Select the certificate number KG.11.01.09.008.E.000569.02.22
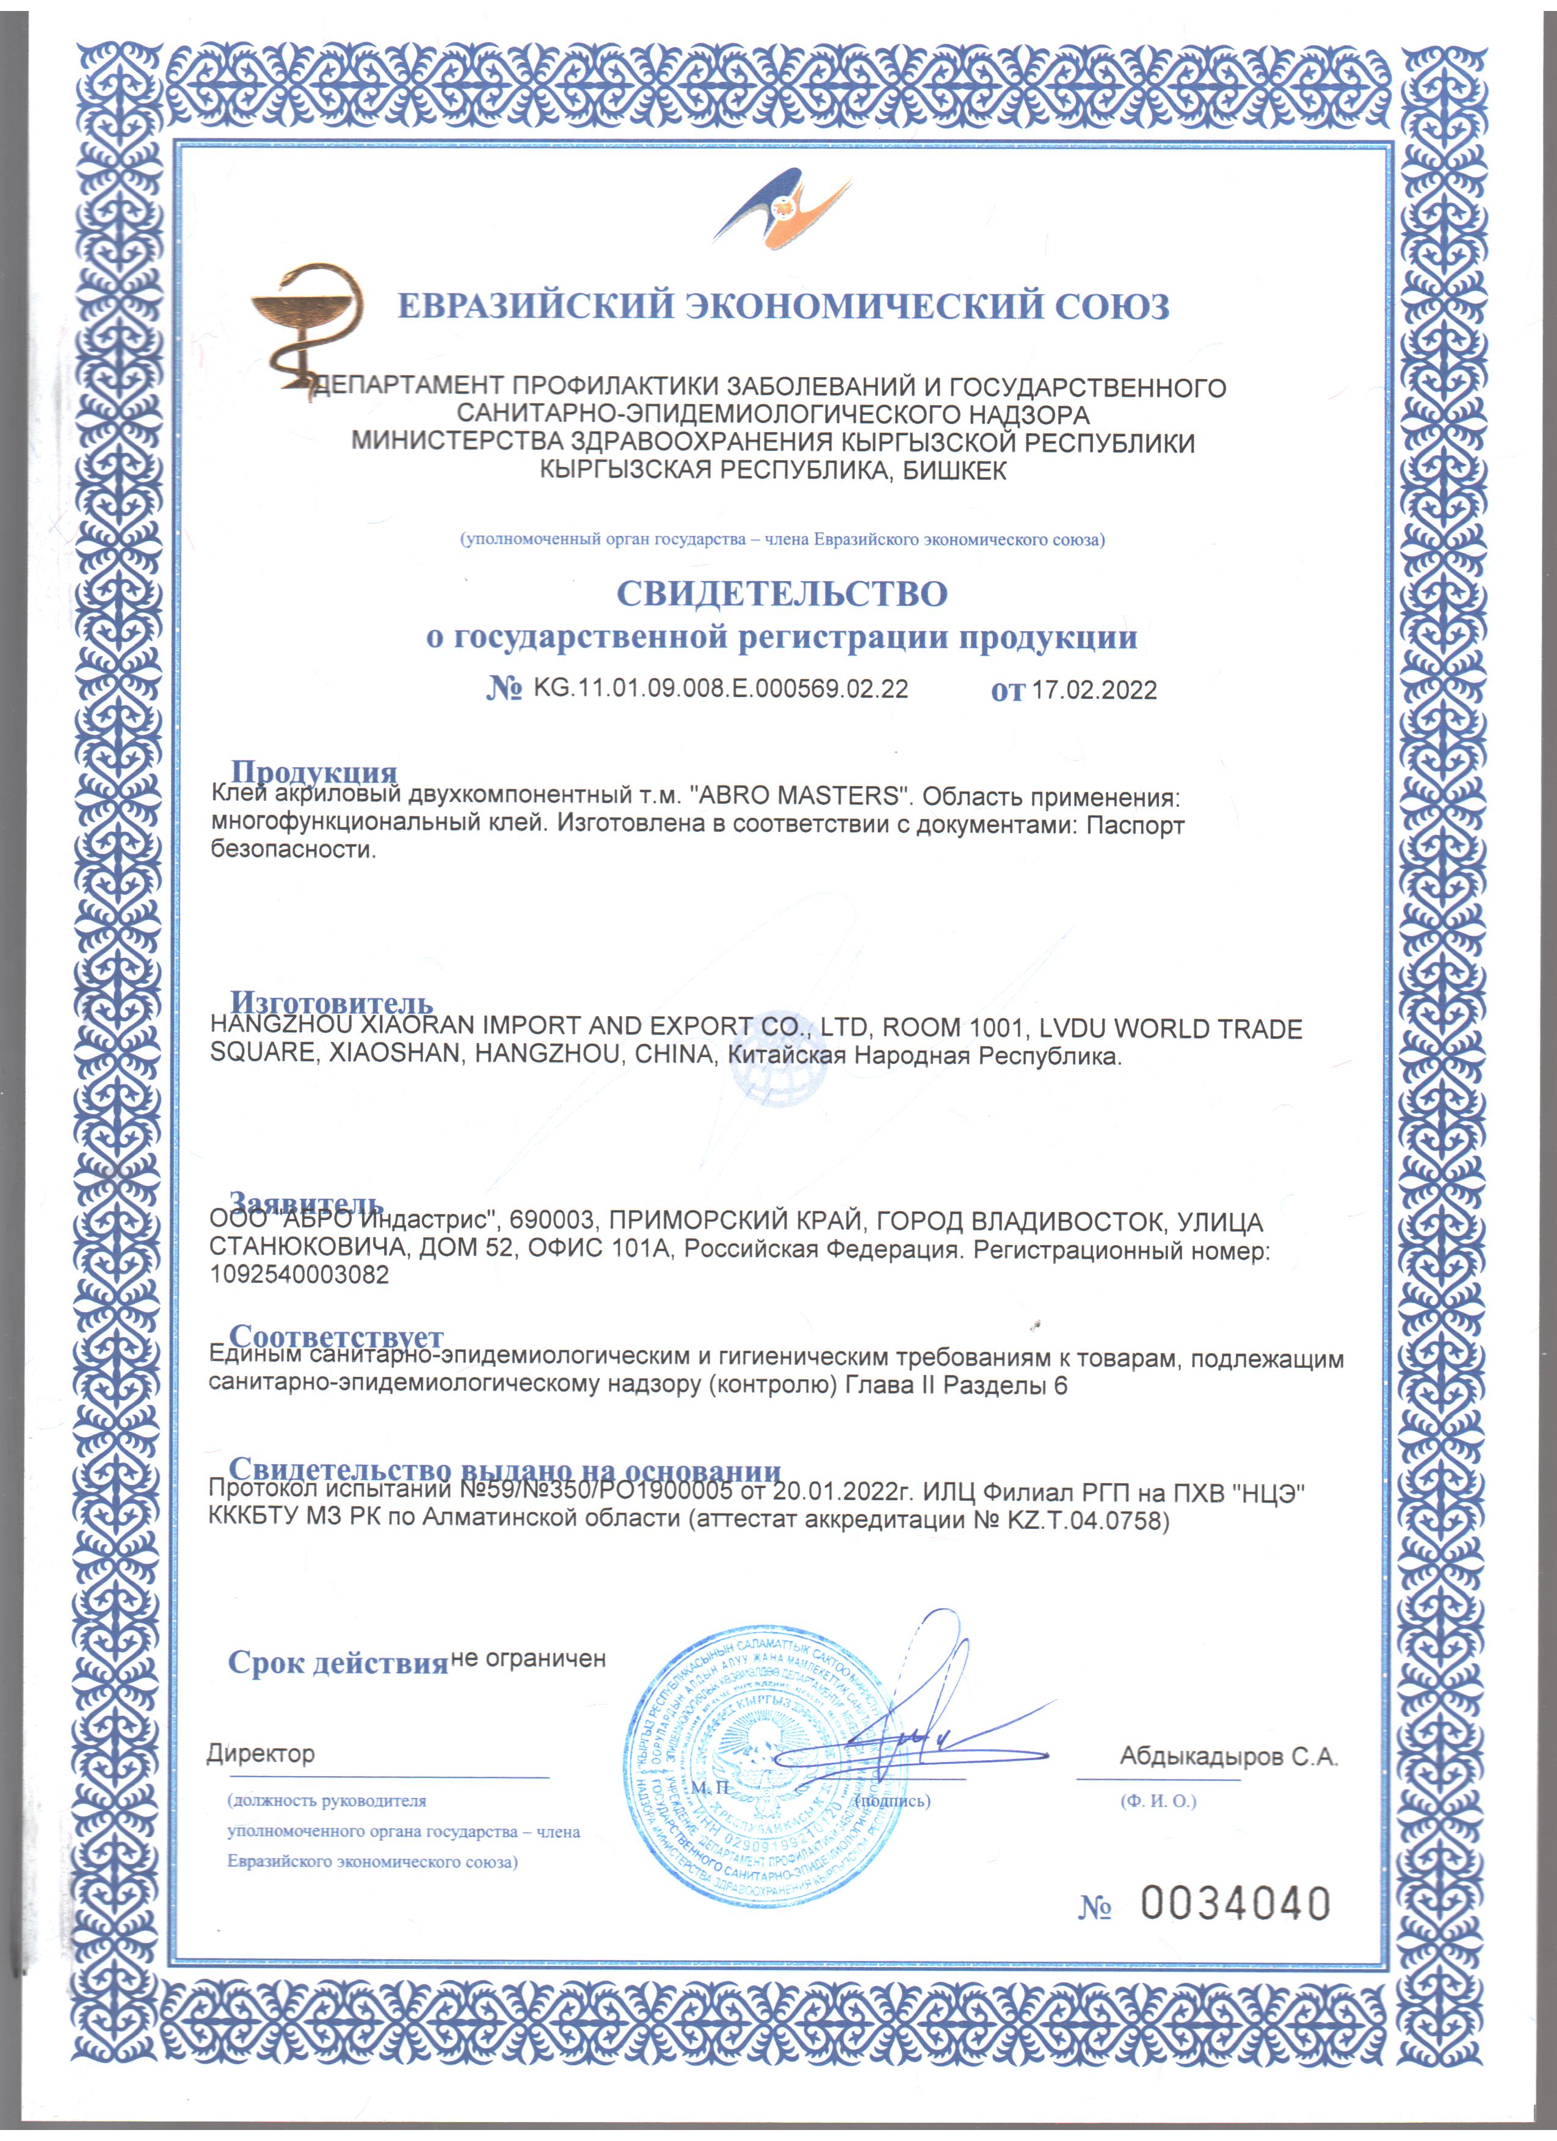[720, 688]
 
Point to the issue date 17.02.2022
[1094, 690]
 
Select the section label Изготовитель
[332, 1002]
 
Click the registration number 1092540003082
[299, 1274]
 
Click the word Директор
[261, 1755]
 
